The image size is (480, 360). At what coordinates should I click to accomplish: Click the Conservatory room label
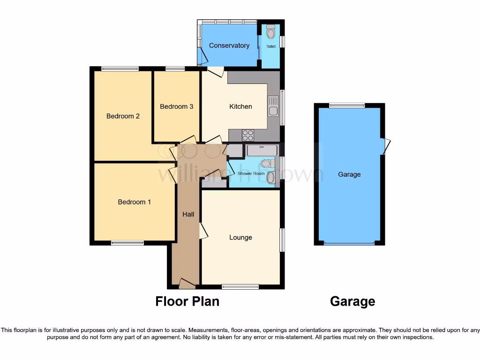(229, 45)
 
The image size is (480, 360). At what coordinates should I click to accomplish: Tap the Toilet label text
(270, 47)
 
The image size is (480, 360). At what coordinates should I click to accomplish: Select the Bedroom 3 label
(177, 106)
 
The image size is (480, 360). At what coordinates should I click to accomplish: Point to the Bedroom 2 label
(123, 116)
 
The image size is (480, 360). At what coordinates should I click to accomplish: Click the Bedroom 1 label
(134, 202)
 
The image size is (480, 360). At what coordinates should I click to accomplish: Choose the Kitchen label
(240, 106)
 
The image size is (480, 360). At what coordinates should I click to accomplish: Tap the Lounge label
(240, 238)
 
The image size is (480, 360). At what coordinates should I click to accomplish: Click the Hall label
(188, 214)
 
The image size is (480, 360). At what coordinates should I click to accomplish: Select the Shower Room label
(251, 173)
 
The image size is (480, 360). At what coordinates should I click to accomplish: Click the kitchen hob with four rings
(247, 135)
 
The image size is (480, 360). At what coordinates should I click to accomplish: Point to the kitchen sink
(272, 106)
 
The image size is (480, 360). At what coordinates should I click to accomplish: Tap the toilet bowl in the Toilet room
(270, 33)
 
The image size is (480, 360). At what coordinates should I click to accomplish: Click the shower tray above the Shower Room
(262, 150)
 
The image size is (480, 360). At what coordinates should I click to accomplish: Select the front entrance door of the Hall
(187, 283)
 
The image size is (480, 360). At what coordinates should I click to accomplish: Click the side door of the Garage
(386, 146)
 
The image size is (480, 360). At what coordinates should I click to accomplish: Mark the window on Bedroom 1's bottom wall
(127, 243)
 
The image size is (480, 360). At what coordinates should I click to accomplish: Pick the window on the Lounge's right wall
(282, 240)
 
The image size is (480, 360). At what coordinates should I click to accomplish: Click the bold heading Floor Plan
(187, 301)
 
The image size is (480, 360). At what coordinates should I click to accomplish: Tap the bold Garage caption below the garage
(352, 301)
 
